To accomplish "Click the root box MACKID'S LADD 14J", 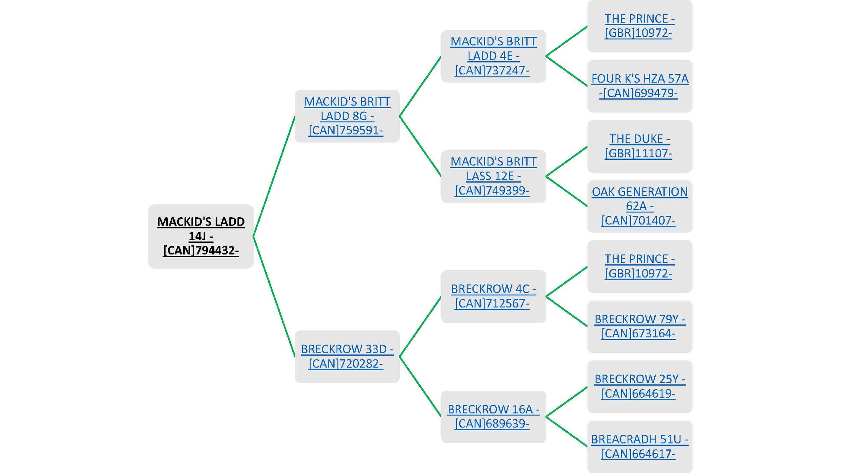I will [201, 236].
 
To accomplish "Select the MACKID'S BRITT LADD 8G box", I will [347, 116].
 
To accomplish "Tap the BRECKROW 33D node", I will [347, 356].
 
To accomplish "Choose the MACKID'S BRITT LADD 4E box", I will [493, 56].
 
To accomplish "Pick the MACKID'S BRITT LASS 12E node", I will [493, 176].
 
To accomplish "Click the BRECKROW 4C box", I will [493, 296].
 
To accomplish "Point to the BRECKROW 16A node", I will [493, 416].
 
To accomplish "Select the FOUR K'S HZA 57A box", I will [640, 86].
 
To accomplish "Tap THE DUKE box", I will [640, 146].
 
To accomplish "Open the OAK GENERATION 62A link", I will [640, 206].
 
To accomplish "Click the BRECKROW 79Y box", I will [640, 326].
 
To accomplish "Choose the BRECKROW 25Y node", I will [640, 386].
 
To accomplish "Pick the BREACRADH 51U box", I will [640, 446].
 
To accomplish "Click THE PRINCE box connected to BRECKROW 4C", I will [640, 266].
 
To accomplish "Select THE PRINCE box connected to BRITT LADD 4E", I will [640, 26].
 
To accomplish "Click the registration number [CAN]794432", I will [201, 251].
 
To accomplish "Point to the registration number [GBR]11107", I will [638, 153].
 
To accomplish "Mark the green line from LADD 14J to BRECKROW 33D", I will [274, 296].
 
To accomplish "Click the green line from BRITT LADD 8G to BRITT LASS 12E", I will [420, 146].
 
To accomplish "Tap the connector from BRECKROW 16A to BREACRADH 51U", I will [566, 431].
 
